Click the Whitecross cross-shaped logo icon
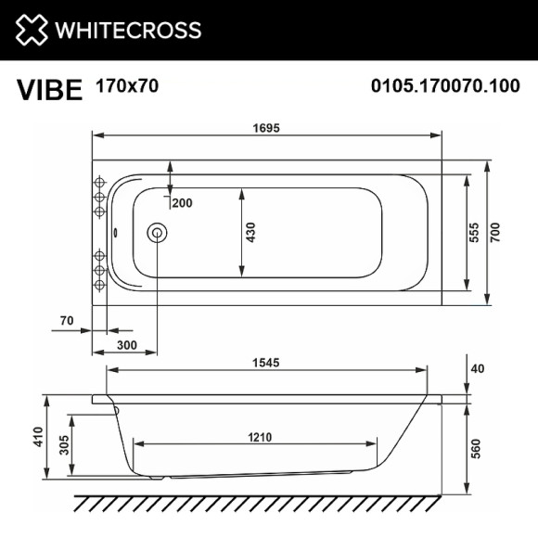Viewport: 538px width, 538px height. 30,30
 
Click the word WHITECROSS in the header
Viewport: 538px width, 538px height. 128,31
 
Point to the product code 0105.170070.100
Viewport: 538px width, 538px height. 444,87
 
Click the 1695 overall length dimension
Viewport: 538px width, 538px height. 265,128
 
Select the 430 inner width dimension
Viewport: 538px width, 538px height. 250,233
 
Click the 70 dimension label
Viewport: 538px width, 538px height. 66,321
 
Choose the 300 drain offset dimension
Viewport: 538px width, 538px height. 127,345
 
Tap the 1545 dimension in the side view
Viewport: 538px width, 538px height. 265,362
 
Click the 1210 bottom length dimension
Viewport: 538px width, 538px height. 259,439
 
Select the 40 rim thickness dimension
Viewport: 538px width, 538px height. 479,368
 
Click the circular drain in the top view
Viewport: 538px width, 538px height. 158,234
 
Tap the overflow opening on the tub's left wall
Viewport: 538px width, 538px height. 114,234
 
